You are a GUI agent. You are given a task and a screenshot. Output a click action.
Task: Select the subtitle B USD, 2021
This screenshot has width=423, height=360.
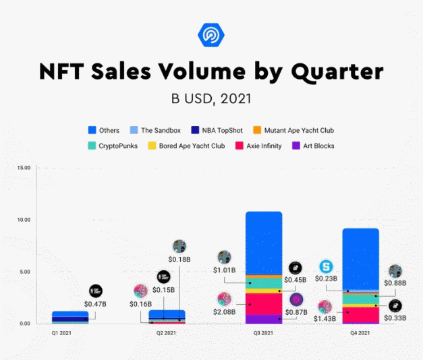212,98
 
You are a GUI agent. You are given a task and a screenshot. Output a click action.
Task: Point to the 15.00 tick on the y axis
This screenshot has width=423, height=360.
24,167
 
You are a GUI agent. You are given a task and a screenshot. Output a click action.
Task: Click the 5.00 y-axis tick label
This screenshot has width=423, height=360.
24,272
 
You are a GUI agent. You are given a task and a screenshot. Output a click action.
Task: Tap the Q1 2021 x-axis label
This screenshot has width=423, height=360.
63,333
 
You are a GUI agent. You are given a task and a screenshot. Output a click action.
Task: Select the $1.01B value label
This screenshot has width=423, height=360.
225,271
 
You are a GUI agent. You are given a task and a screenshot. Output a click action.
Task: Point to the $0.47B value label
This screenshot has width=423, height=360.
96,305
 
